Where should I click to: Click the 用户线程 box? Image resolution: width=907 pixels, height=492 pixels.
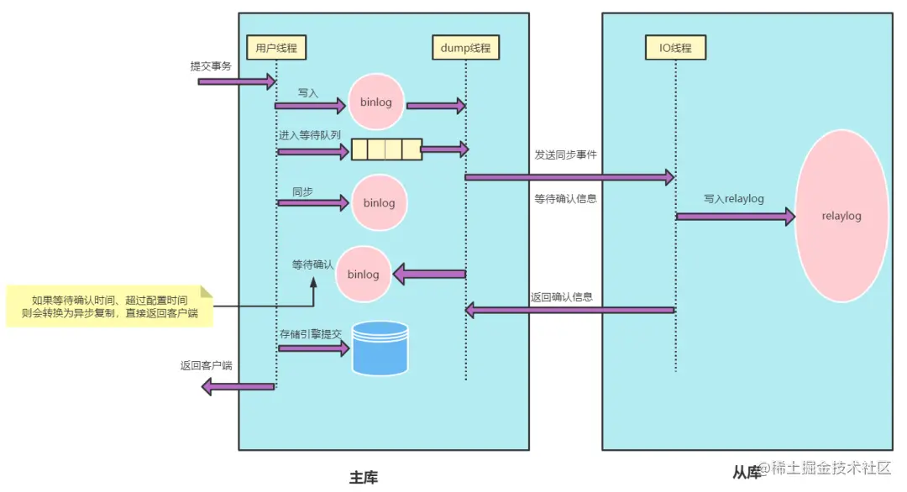[x=276, y=47]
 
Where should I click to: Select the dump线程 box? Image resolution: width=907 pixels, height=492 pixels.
[x=465, y=47]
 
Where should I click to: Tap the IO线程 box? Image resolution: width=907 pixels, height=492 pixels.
[x=675, y=47]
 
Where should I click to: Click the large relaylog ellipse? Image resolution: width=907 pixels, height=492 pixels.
[x=841, y=216]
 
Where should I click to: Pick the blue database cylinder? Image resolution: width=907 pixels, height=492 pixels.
[x=380, y=348]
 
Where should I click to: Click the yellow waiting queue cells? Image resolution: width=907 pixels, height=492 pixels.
[x=386, y=149]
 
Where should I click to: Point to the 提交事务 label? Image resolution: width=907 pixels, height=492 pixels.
[x=211, y=66]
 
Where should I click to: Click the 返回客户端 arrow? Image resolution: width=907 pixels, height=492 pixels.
[x=238, y=386]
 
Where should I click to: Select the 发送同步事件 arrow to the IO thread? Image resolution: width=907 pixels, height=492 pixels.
[x=569, y=177]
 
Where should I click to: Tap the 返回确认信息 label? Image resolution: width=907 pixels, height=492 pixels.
[x=562, y=296]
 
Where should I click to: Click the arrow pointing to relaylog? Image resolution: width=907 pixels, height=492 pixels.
[x=736, y=217]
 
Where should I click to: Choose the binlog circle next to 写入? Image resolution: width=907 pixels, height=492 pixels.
[x=376, y=102]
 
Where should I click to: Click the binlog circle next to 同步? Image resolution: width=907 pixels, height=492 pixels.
[x=380, y=202]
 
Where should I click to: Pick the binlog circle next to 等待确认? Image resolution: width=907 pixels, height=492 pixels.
[x=364, y=274]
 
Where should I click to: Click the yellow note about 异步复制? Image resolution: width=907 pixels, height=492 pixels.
[x=110, y=306]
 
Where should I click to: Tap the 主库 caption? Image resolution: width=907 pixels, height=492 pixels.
[x=364, y=478]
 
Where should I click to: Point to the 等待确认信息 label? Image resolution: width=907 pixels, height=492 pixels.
[x=566, y=199]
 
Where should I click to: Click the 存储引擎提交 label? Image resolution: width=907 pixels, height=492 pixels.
[x=311, y=334]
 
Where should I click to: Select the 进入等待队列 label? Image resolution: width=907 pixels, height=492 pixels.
[x=310, y=135]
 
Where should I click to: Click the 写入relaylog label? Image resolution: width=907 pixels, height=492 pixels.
[x=734, y=199]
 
